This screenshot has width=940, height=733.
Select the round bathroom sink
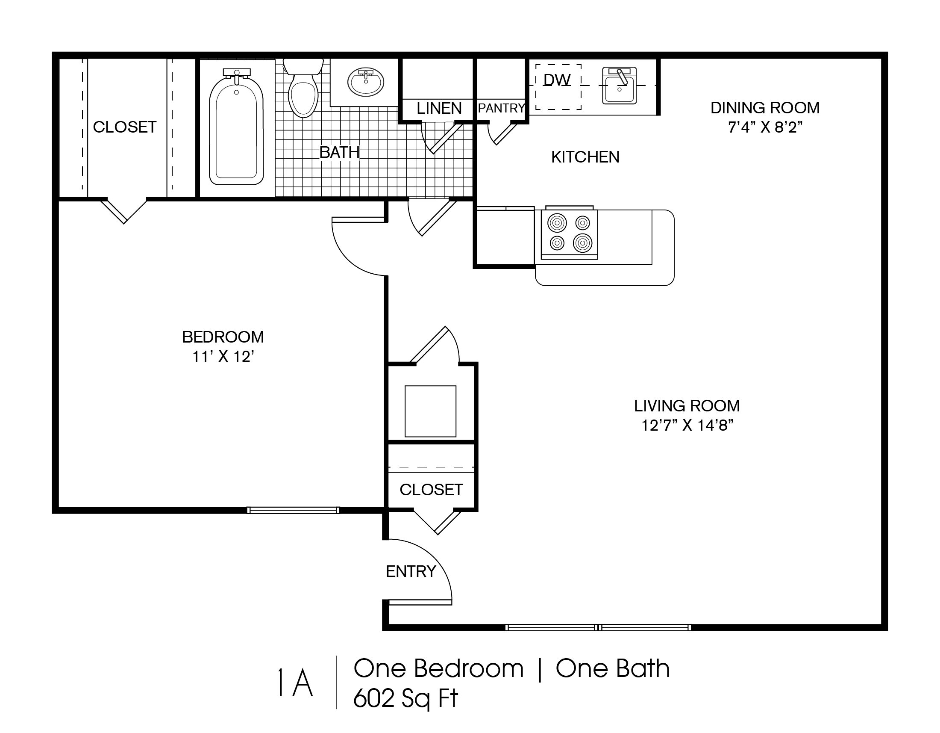[x=366, y=82]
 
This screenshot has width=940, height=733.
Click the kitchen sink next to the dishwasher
[x=620, y=86]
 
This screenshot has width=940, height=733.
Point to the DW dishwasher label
[x=557, y=80]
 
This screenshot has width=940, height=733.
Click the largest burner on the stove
[x=582, y=243]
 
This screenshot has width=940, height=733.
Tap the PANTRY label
[x=502, y=108]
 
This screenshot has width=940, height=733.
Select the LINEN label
[x=439, y=108]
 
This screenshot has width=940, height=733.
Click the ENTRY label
[x=411, y=571]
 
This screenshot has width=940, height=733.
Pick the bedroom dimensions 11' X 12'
[x=223, y=357]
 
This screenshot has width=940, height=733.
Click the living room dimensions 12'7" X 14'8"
[x=687, y=426]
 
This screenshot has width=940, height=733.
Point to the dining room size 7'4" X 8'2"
[x=765, y=127]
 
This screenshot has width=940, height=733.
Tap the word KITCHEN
[x=585, y=157]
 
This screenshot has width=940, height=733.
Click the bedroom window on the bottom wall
[x=293, y=510]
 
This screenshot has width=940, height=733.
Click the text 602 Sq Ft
[x=405, y=698]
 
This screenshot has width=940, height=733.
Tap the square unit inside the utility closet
[x=430, y=411]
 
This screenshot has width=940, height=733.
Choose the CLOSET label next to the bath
[x=124, y=127]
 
